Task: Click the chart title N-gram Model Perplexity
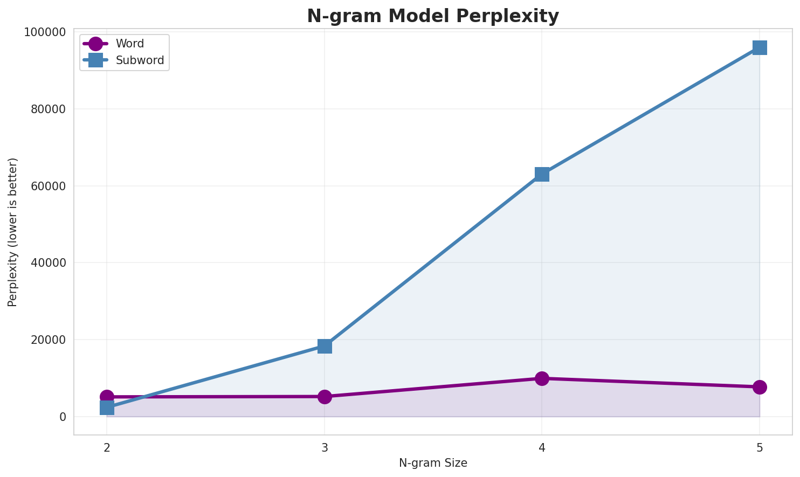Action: coord(433,16)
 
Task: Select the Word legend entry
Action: coord(129,44)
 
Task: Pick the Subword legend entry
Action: coord(140,60)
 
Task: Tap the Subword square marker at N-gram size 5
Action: coord(760,48)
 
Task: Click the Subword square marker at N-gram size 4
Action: coord(542,174)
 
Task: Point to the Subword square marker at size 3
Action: coord(325,346)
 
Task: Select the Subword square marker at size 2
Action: coord(107,407)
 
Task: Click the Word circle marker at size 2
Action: coord(107,397)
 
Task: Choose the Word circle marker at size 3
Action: coord(325,397)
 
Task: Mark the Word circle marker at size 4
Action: coord(542,378)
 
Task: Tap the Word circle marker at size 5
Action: coord(760,387)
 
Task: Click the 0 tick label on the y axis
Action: coord(63,417)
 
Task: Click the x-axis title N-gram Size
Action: coord(433,463)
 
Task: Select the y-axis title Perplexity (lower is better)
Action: coord(13,232)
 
